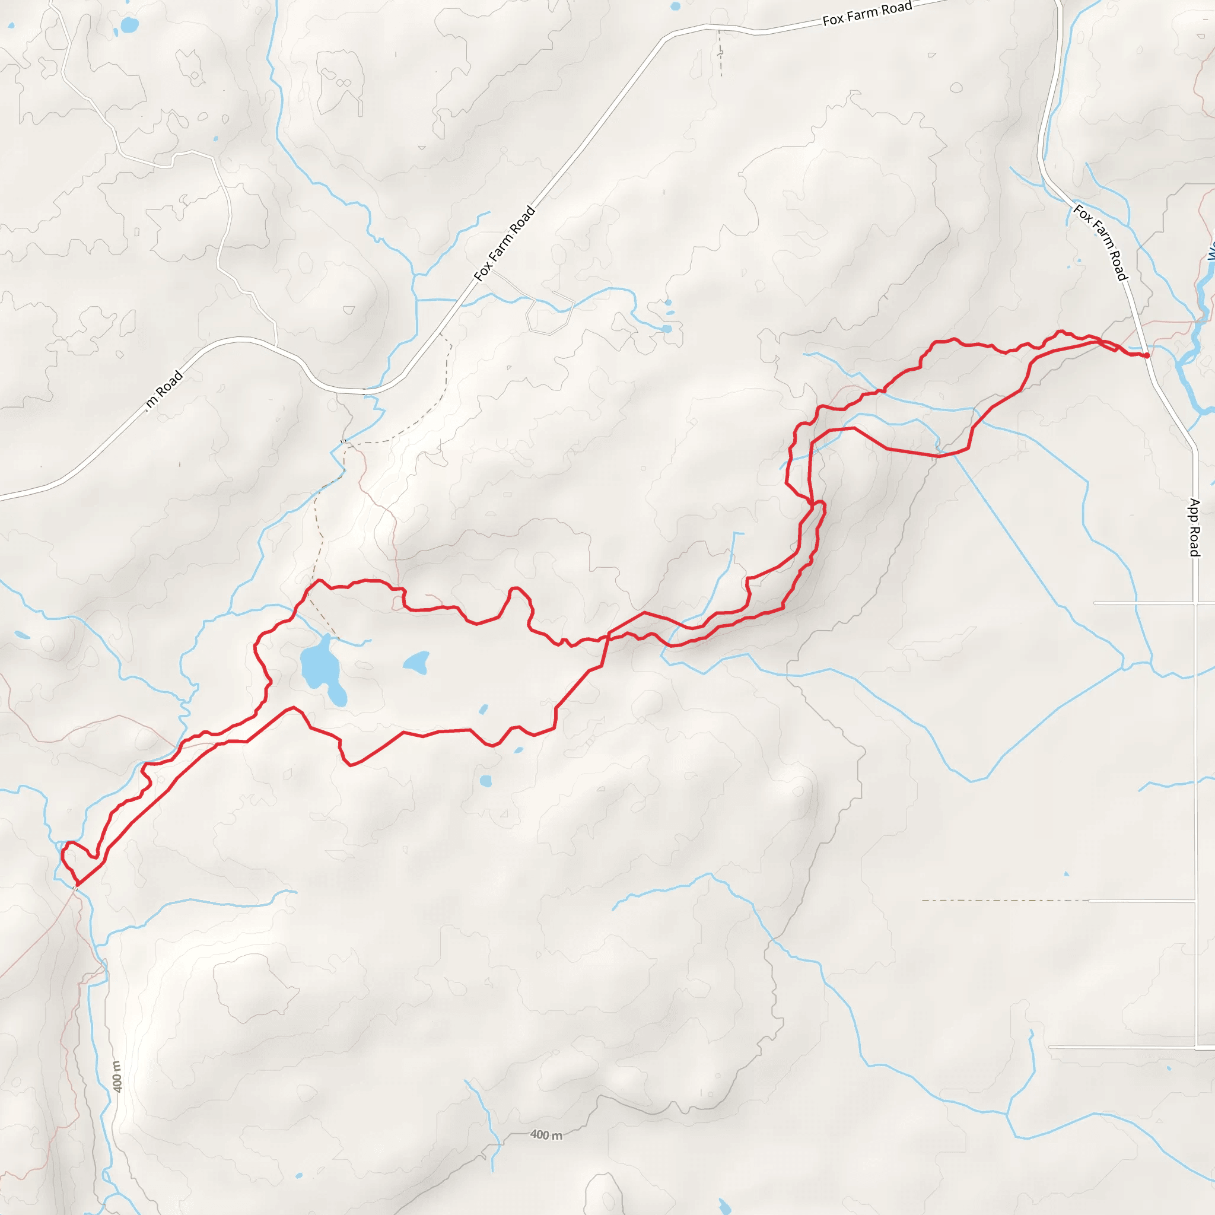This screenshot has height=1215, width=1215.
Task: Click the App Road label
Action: click(1194, 527)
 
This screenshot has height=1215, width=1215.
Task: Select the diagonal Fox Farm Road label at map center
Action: click(504, 243)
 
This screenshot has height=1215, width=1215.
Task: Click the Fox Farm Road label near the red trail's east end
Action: click(1101, 242)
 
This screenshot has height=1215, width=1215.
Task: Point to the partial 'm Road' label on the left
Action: click(165, 390)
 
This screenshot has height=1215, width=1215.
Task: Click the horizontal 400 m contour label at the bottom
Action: click(546, 1135)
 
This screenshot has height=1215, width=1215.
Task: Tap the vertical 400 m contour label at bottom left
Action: click(117, 1076)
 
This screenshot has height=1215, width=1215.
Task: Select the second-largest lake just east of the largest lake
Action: click(416, 662)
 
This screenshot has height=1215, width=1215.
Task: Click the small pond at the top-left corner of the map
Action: click(129, 25)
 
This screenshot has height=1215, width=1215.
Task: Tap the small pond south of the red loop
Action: click(485, 781)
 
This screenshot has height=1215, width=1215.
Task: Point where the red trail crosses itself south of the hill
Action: click(607, 635)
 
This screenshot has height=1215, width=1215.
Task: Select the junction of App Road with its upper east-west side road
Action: click(1194, 603)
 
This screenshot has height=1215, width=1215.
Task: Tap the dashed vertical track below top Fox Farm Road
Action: click(720, 53)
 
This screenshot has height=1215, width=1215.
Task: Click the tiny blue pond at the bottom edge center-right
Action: click(724, 1206)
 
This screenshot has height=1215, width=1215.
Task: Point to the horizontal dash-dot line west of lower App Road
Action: click(1006, 901)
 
